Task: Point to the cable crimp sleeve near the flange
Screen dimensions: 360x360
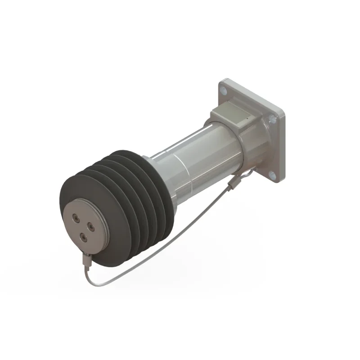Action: click(233, 182)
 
